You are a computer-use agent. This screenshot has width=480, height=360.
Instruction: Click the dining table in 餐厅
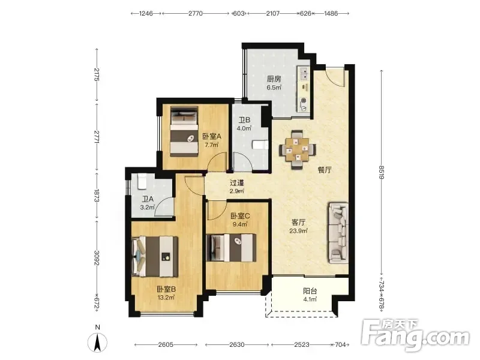[x=298, y=149]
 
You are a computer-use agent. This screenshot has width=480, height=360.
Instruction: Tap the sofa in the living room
[x=338, y=233]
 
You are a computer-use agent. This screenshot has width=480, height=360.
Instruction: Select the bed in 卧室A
[x=184, y=131]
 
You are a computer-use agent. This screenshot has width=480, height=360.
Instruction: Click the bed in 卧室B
[x=155, y=257]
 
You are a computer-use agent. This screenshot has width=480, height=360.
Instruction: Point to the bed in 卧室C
[x=232, y=248]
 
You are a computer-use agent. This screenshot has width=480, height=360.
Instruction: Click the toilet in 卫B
[x=260, y=145]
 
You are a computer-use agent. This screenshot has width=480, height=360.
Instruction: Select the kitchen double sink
[x=304, y=73]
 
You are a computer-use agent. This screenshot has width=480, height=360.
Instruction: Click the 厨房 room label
[x=274, y=79]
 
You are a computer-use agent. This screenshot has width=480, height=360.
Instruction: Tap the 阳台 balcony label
[x=310, y=291]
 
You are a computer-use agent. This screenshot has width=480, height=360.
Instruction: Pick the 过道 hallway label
[x=237, y=183]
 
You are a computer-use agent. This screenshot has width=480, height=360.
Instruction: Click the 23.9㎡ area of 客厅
[x=298, y=231]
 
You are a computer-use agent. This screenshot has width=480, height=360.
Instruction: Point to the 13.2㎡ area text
[x=166, y=297]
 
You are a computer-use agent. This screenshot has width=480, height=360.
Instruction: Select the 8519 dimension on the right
[x=382, y=172]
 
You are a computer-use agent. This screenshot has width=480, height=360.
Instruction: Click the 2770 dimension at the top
[x=196, y=13]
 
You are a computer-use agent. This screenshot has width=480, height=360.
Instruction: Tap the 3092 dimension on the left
[x=97, y=258]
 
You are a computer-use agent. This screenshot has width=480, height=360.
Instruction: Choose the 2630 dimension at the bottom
[x=237, y=344]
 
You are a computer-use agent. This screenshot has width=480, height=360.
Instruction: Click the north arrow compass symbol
[x=97, y=341]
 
